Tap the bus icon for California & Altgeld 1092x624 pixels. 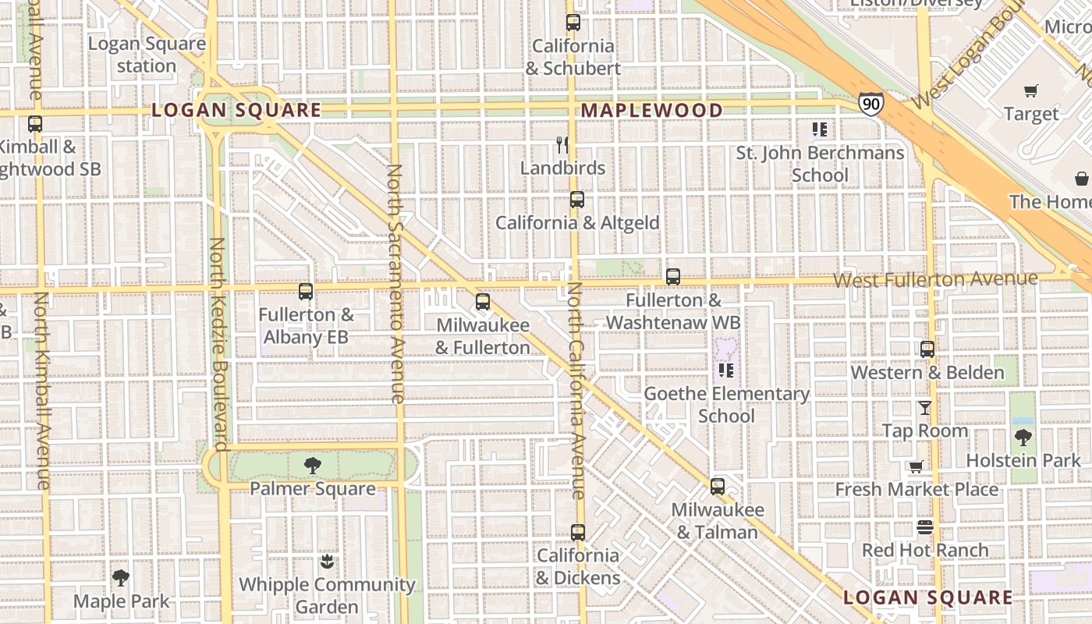point(576,200)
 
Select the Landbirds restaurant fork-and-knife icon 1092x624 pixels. point(562,145)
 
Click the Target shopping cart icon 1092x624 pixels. point(1031,91)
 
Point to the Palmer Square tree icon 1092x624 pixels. point(313,466)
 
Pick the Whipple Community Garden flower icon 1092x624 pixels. point(328,562)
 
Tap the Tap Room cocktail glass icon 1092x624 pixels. point(924,408)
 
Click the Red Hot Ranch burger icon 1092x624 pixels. point(925,527)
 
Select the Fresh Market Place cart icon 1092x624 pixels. point(916,467)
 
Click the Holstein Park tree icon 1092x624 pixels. point(1023,438)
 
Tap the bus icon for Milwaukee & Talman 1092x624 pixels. point(718,487)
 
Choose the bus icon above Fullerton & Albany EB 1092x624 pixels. point(306,292)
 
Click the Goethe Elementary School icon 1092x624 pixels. point(726,370)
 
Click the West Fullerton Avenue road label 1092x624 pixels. point(935,279)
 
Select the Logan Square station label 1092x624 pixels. point(147,55)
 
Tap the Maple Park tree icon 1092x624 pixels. point(120,578)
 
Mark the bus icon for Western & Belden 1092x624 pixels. point(927,349)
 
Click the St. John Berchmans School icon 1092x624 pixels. point(819,129)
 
